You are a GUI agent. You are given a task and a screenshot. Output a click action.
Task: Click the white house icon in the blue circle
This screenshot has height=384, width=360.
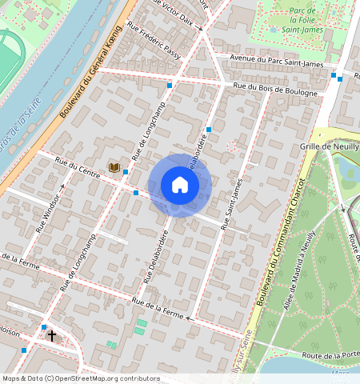click(180, 186)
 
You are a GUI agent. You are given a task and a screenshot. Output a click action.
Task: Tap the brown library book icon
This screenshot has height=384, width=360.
click(114, 167)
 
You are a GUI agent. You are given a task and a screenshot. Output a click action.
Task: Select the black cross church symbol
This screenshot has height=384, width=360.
click(53, 336)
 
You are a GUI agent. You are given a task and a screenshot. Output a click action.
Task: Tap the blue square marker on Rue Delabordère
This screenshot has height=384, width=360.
click(209, 129)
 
